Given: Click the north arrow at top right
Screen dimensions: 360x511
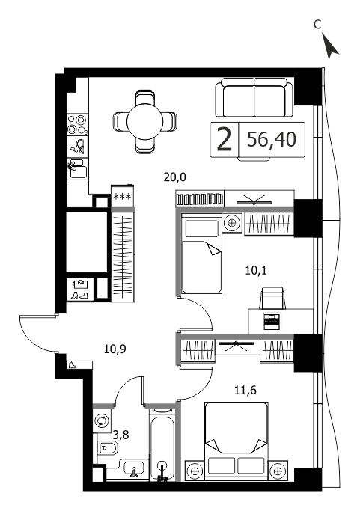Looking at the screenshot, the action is coord(330,46).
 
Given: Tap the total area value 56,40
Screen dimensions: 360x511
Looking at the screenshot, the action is coord(272,140).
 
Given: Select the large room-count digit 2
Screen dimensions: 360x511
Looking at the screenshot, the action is coord(225,140).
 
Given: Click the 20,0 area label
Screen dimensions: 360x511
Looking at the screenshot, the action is coord(175,177).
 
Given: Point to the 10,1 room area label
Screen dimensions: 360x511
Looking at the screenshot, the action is coord(256,270).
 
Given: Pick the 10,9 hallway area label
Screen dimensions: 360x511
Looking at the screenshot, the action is coord(115,349).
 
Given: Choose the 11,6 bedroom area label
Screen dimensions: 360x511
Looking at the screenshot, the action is coord(245,390).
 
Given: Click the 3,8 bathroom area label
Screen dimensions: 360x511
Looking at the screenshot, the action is coord(120,435).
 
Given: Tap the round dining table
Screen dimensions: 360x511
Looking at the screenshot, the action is coord(144,121).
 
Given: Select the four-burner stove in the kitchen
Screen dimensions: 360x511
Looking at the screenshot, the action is coord(78,124).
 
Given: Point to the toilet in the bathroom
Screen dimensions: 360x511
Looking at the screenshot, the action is coord(107,449).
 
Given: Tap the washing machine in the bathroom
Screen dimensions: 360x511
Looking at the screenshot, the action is coord(102,420).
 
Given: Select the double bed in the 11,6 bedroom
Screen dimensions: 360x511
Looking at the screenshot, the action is coord(237,441).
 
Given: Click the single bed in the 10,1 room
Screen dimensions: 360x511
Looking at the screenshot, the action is coord(201,253).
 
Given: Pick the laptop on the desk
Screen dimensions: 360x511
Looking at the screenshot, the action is coord(272,321).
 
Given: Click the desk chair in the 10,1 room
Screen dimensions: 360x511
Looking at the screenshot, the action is coord(272,298).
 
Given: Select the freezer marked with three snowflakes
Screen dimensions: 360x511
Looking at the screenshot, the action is coord(122,196).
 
